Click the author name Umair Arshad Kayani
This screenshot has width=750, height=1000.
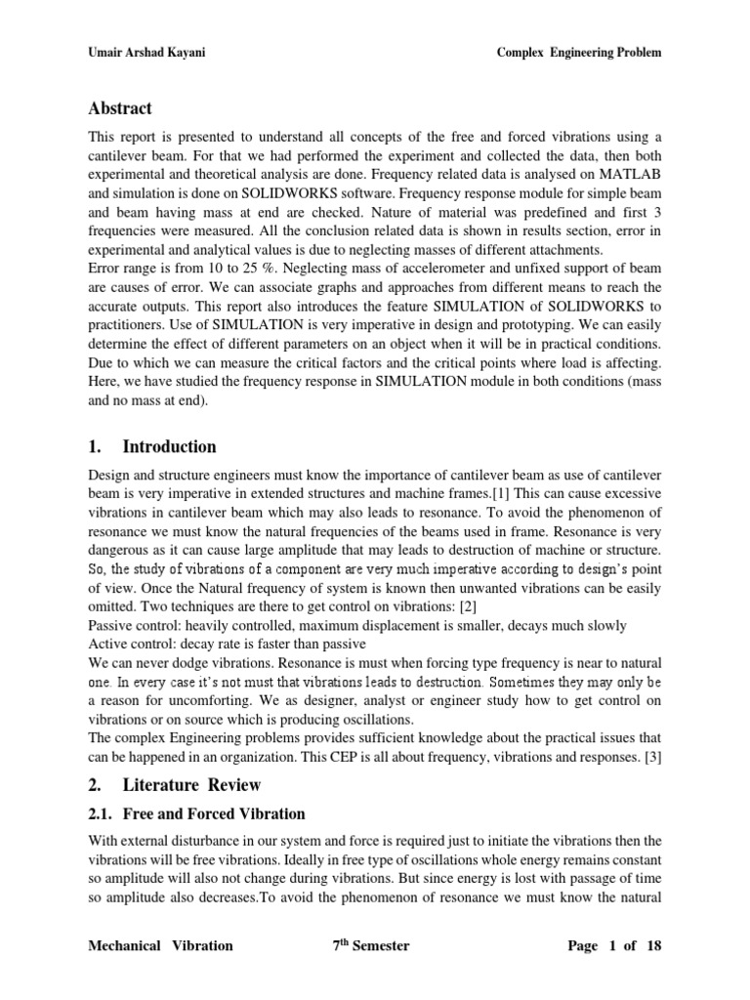[x=144, y=53]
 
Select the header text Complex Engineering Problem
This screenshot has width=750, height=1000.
[x=579, y=53]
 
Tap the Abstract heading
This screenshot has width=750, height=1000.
[x=120, y=108]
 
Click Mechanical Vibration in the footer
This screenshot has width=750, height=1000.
[x=161, y=945]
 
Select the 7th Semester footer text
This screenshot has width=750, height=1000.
[x=371, y=945]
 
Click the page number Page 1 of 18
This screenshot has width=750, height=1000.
[x=614, y=945]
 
